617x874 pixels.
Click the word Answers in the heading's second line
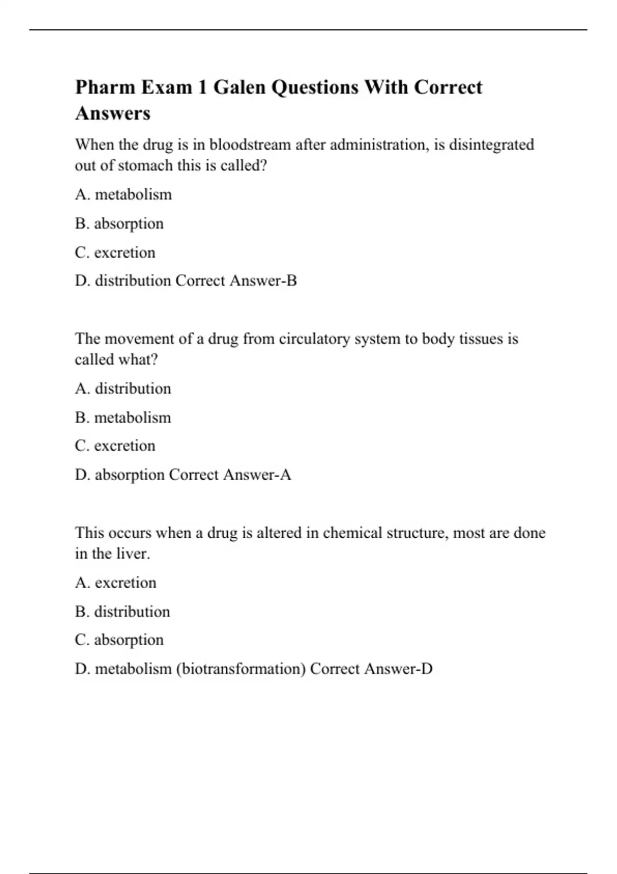click(113, 114)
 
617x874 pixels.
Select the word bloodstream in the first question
click(250, 145)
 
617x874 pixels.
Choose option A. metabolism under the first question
click(123, 195)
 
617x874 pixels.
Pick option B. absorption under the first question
click(119, 224)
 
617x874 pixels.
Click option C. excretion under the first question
click(115, 252)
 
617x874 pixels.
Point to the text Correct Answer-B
click(236, 281)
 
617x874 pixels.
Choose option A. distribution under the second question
click(123, 389)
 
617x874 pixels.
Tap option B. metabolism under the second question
click(123, 417)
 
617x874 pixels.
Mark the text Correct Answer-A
click(230, 475)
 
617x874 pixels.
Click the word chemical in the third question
click(352, 533)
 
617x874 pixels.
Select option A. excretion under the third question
click(116, 583)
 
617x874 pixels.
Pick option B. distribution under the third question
click(122, 612)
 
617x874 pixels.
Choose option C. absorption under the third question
click(119, 640)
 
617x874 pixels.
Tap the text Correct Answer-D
click(371, 669)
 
